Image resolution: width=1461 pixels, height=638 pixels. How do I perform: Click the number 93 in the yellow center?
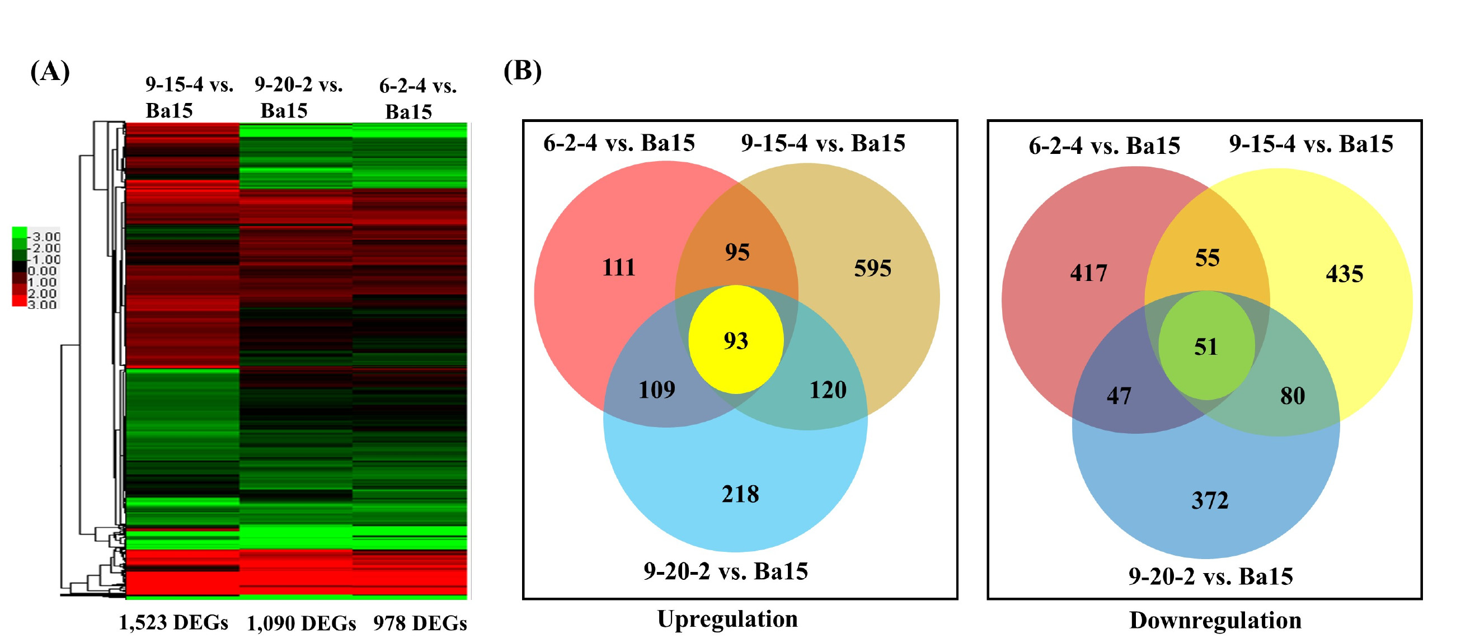736,341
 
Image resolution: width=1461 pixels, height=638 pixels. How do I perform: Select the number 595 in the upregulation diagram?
872,268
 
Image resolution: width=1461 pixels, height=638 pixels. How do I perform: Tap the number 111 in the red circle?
618,267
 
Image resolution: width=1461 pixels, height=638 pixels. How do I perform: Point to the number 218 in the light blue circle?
740,494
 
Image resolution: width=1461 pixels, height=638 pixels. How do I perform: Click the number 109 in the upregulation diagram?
657,390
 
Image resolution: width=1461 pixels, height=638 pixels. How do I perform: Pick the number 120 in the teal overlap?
828,390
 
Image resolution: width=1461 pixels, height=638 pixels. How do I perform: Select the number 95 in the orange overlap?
737,252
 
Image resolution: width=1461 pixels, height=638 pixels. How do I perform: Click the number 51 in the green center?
1206,346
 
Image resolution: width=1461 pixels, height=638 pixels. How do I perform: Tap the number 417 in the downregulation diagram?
1088,273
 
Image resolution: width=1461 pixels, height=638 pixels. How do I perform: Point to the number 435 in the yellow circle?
1344,274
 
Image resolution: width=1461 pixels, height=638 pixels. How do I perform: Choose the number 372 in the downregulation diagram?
1210,500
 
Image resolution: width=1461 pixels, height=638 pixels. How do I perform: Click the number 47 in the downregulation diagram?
1119,396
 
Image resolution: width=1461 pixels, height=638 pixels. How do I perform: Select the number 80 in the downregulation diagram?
1293,396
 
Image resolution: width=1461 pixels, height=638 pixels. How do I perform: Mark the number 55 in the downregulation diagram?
1208,258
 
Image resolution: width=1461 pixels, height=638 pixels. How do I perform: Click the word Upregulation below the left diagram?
727,620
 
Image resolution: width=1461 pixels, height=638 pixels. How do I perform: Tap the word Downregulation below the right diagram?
1215,621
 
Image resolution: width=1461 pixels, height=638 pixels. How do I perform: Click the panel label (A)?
50,72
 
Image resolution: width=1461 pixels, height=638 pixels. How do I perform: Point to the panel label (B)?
523,71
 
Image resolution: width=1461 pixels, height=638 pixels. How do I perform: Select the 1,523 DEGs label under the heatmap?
173,623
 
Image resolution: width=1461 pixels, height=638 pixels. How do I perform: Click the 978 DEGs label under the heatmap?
420,623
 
